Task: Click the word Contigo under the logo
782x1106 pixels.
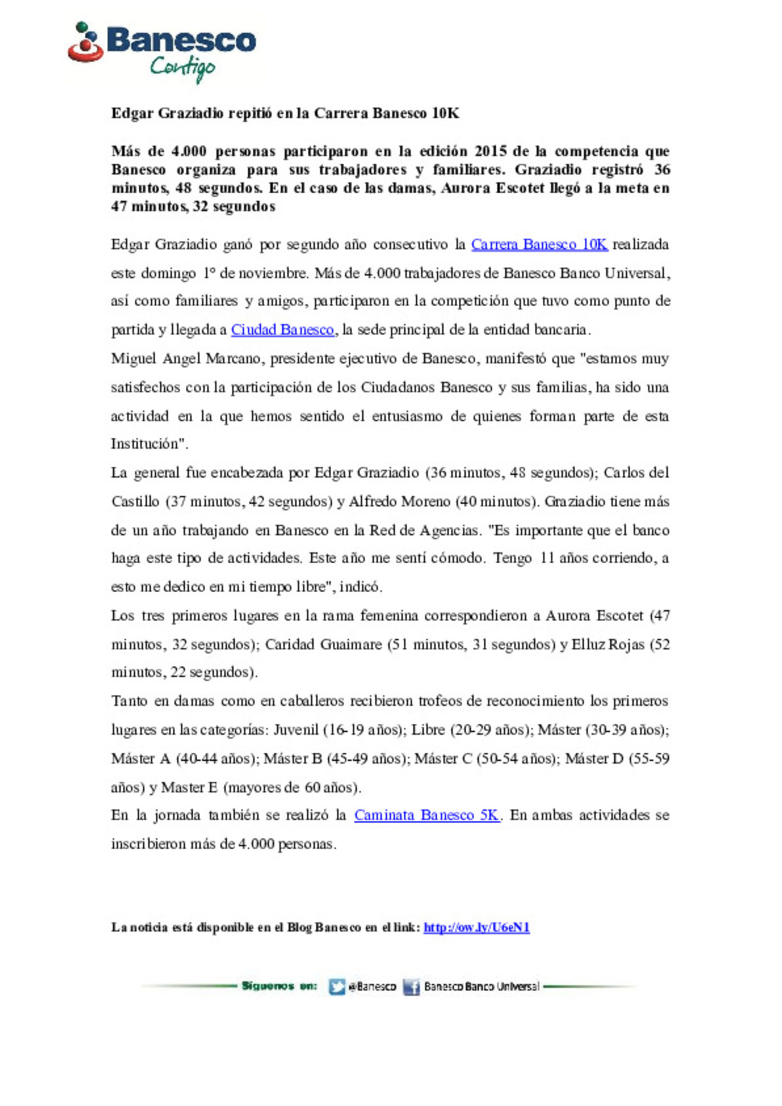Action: [182, 68]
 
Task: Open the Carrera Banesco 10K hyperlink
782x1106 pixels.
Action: [539, 245]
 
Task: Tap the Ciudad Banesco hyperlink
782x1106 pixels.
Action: [282, 330]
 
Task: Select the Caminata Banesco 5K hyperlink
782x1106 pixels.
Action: [426, 815]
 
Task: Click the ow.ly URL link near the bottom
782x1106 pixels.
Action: [476, 927]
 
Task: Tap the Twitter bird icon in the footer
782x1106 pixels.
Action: [337, 987]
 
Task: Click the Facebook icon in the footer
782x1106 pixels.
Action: [411, 987]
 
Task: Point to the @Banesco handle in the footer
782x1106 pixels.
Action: [372, 987]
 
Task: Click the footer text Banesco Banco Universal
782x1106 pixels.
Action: [482, 987]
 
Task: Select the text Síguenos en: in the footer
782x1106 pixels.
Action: [279, 986]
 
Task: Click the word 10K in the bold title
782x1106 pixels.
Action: [445, 114]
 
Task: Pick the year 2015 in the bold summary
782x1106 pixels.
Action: [490, 151]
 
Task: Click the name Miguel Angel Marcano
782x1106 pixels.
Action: [187, 359]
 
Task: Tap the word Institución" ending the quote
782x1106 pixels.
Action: [149, 444]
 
